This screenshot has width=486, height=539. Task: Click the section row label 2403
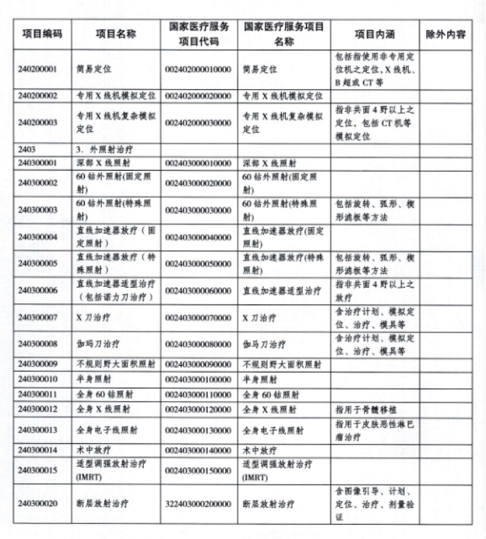pyautogui.click(x=28, y=148)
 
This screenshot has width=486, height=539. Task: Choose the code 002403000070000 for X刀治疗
pyautogui.click(x=198, y=317)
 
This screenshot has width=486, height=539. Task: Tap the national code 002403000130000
pyautogui.click(x=198, y=430)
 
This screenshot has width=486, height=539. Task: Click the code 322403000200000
pyautogui.click(x=198, y=504)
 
